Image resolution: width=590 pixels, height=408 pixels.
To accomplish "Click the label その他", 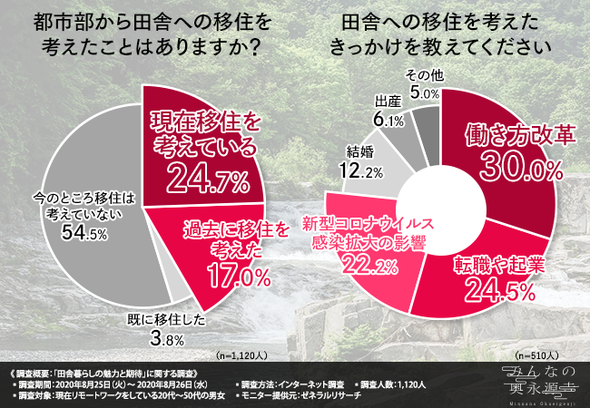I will click(x=423, y=75).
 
